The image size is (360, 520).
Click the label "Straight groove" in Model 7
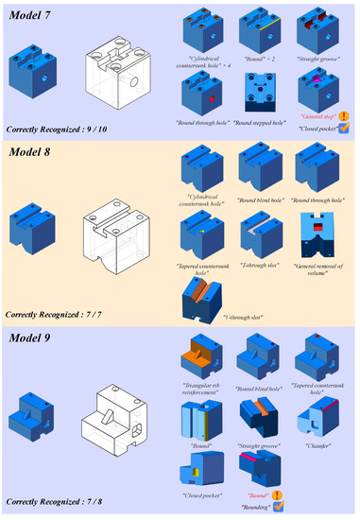pyautogui.click(x=317, y=60)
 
